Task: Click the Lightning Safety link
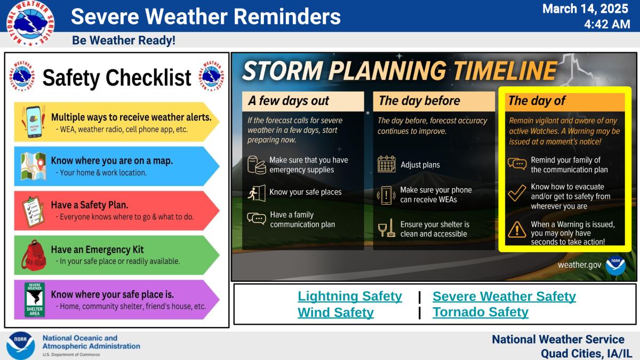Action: pos(350,296)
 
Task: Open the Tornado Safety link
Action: pos(481,312)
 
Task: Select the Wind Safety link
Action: pos(335,313)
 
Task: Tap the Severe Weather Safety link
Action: pos(504,296)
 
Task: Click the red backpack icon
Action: pos(34,255)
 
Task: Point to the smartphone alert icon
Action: pos(34,122)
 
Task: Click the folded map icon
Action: pos(34,166)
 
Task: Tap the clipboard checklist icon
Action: pos(33,212)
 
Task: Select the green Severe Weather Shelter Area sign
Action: pos(35,300)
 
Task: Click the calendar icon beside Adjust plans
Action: pos(387,164)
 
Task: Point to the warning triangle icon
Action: pos(517,229)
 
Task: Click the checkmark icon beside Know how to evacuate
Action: pos(517,193)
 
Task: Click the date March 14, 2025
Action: pos(585,9)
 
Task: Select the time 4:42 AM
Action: pos(607,25)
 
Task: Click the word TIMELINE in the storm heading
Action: pos(505,70)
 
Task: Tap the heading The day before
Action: pos(419,101)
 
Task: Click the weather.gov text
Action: pos(579,265)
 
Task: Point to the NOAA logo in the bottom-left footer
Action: pos(21,346)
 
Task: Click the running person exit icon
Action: pos(257,193)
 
